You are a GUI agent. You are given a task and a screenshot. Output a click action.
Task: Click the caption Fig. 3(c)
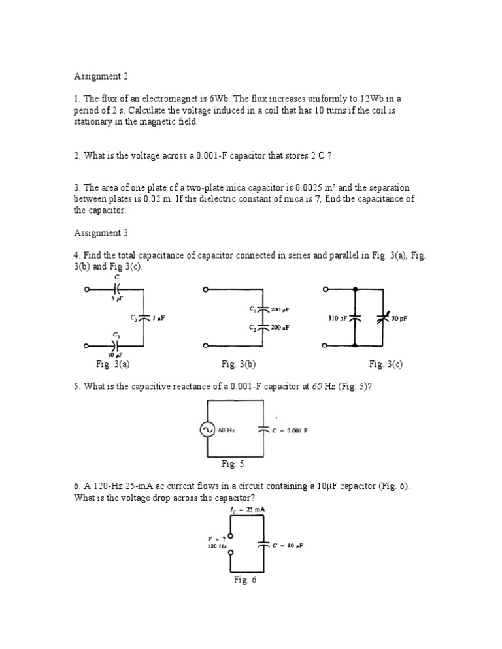point(386,364)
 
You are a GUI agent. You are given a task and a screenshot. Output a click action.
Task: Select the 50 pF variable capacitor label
point(399,319)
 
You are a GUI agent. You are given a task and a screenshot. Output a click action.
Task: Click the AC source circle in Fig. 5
point(208,430)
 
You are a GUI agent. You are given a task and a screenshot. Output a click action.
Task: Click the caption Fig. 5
point(232,464)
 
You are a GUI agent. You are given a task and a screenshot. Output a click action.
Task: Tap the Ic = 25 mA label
point(247,509)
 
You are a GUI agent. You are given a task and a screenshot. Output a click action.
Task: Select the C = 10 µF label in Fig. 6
point(292,543)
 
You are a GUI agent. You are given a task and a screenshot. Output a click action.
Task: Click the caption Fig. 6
point(245,580)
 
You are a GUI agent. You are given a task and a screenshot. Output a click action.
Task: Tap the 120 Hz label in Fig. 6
point(216,546)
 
